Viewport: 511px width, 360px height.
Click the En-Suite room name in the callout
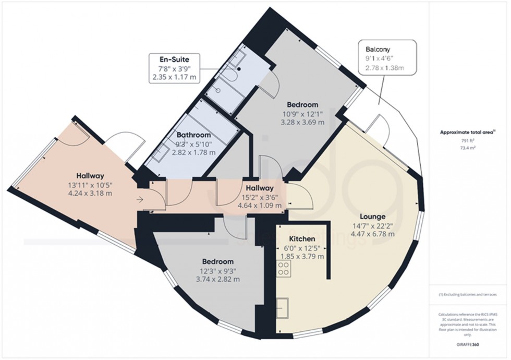click(174, 59)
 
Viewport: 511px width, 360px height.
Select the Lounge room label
click(372, 216)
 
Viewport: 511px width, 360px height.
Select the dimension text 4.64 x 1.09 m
click(259, 206)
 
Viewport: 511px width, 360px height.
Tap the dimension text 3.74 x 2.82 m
click(218, 279)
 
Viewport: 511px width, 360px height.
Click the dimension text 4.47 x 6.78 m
click(372, 233)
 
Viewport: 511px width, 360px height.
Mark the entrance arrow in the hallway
click(139, 199)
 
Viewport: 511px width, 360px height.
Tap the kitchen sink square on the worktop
click(284, 307)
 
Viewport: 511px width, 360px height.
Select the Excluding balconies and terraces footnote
click(468, 296)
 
